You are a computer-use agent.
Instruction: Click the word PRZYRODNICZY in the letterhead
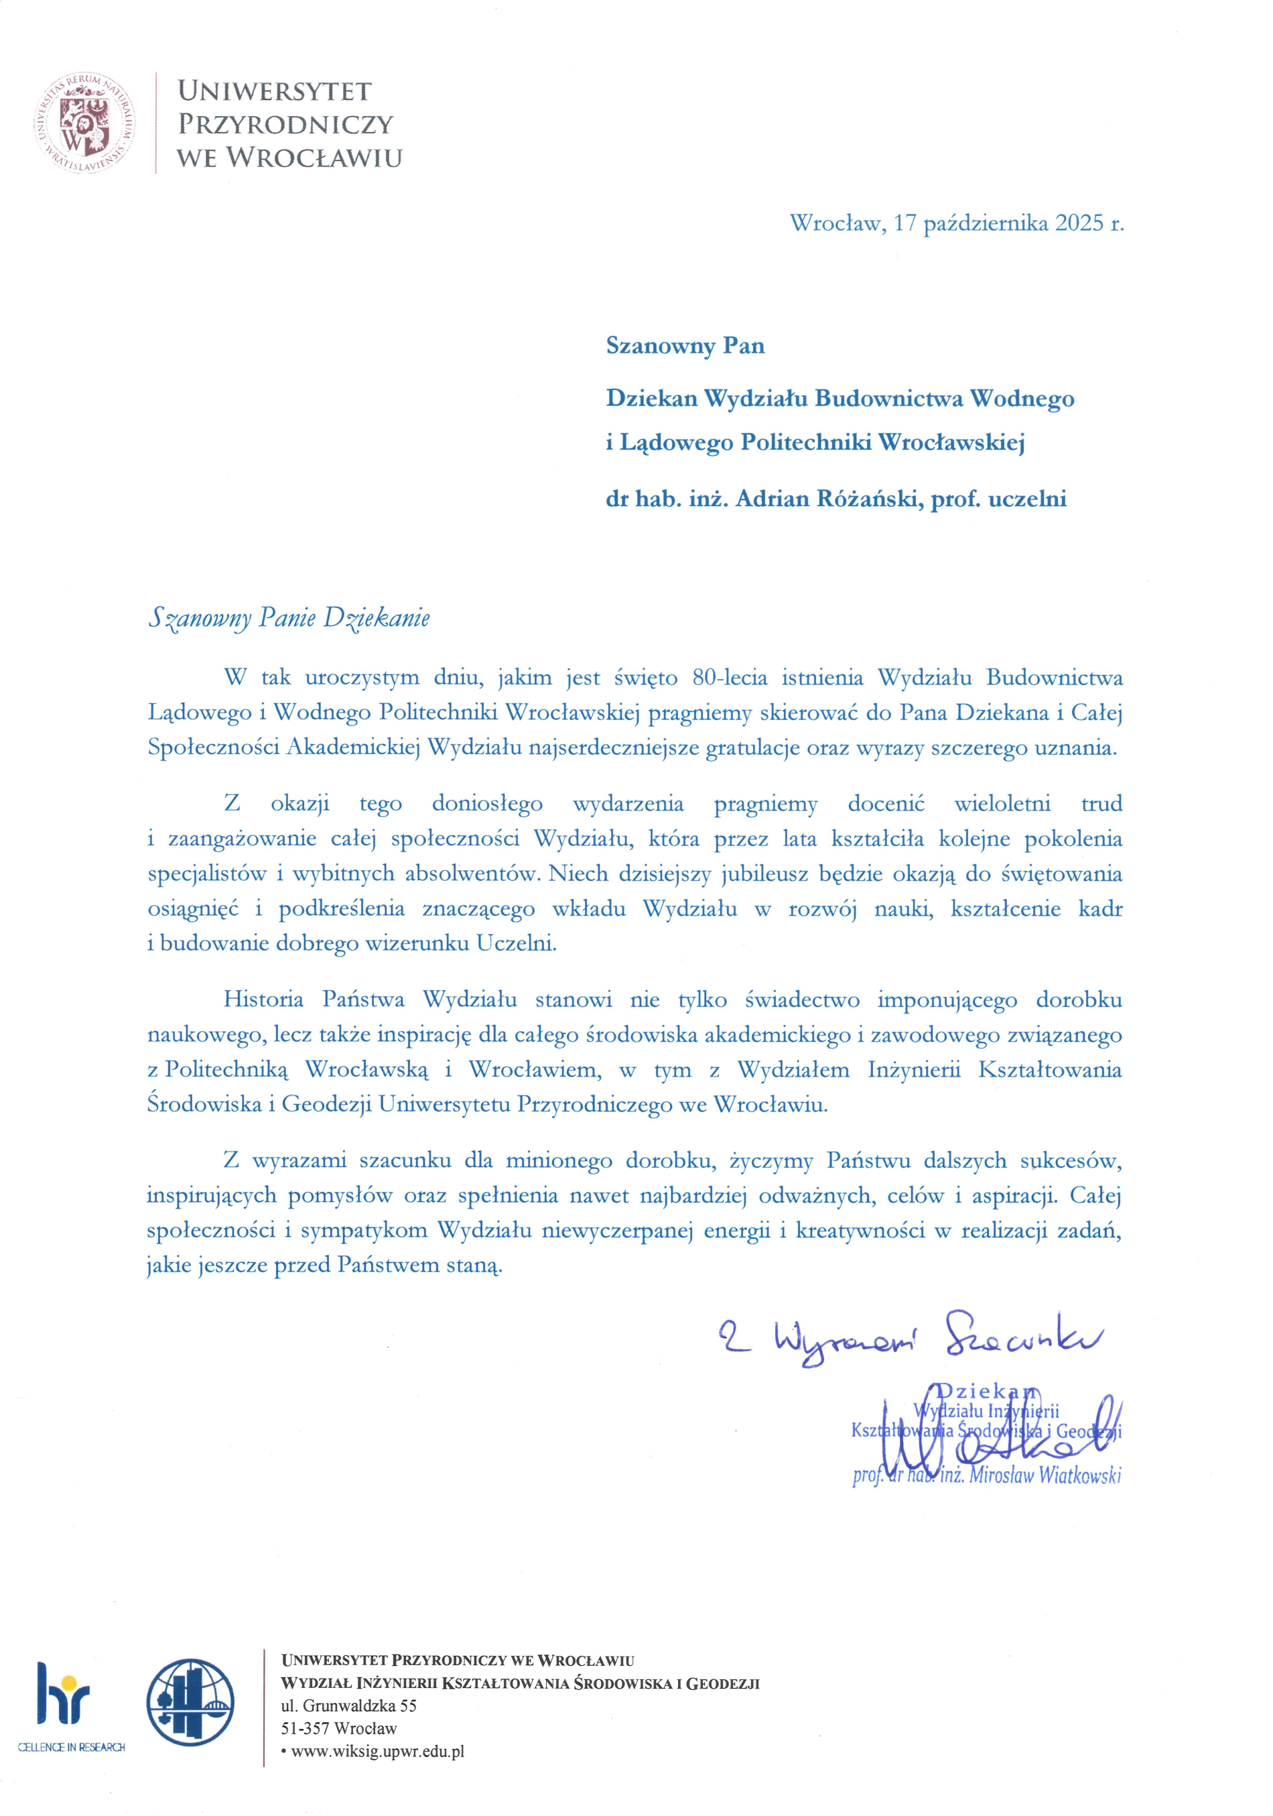285,124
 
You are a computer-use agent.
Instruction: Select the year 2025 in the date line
1075,223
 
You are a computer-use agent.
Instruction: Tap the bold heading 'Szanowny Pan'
685,346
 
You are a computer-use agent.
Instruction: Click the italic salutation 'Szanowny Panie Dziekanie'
289,617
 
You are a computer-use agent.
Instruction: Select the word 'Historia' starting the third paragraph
263,999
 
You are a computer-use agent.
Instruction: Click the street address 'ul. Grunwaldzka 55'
348,1705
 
